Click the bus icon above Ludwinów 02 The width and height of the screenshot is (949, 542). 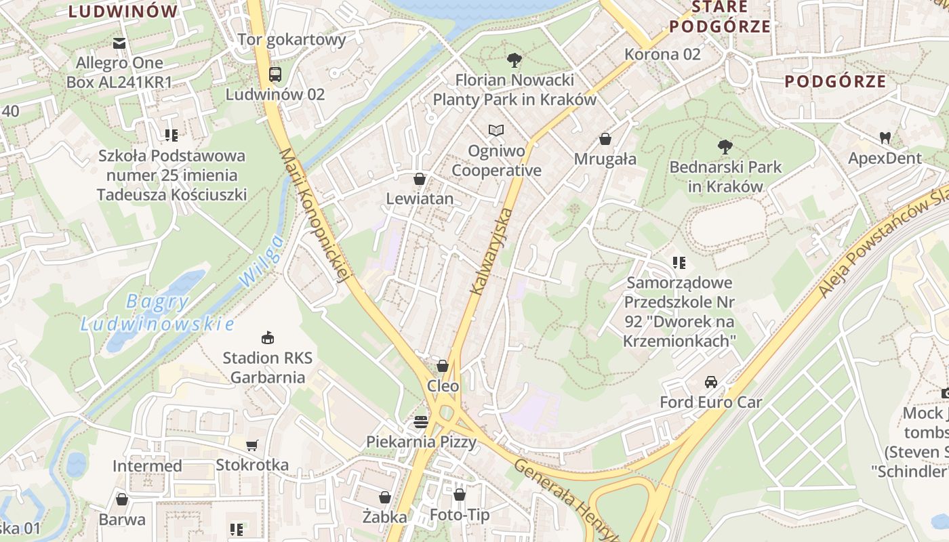click(275, 75)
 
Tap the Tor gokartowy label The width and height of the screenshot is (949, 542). click(291, 39)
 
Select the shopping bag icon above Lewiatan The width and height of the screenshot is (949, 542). click(420, 179)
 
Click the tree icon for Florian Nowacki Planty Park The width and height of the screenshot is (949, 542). click(514, 60)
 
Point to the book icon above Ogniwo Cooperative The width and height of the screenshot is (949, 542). click(496, 130)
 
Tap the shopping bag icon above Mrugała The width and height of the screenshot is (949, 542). click(605, 139)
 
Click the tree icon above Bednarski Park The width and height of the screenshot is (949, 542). click(725, 146)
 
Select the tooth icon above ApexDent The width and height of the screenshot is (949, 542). click(885, 138)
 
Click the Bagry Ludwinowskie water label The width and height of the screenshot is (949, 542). click(157, 312)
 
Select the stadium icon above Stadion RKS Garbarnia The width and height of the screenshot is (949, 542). click(268, 337)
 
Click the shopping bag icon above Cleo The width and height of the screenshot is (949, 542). click(443, 366)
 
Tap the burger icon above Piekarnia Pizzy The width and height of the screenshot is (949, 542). click(421, 422)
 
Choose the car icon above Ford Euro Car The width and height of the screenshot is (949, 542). click(711, 382)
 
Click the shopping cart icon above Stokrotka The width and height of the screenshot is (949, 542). click(252, 445)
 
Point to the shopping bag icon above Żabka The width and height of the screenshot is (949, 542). click(384, 497)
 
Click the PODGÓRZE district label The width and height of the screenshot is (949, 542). click(835, 82)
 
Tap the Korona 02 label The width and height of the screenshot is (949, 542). click(662, 54)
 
